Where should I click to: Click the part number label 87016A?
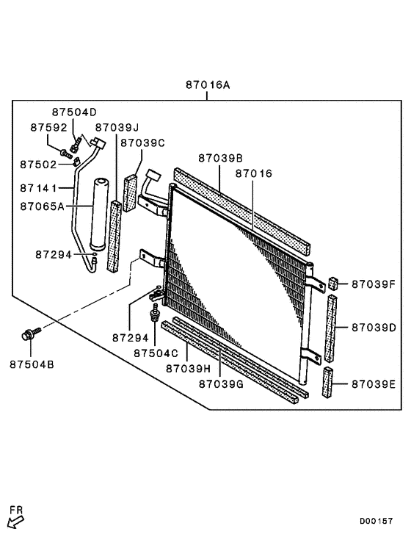pyautogui.click(x=206, y=85)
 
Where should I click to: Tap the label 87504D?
pyautogui.click(x=74, y=112)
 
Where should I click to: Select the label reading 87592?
pyautogui.click(x=48, y=127)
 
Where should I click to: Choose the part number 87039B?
pyautogui.click(x=220, y=158)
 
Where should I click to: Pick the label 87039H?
pyautogui.click(x=188, y=367)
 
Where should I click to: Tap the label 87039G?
pyautogui.click(x=221, y=383)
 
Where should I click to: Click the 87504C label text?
pyautogui.click(x=156, y=353)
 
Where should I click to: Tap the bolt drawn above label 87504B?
pyautogui.click(x=28, y=336)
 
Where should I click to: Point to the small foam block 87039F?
pyautogui.click(x=332, y=283)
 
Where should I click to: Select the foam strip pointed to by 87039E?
pyautogui.click(x=327, y=383)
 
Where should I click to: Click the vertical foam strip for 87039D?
pyautogui.click(x=330, y=327)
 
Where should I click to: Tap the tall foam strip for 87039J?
pyautogui.click(x=114, y=236)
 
